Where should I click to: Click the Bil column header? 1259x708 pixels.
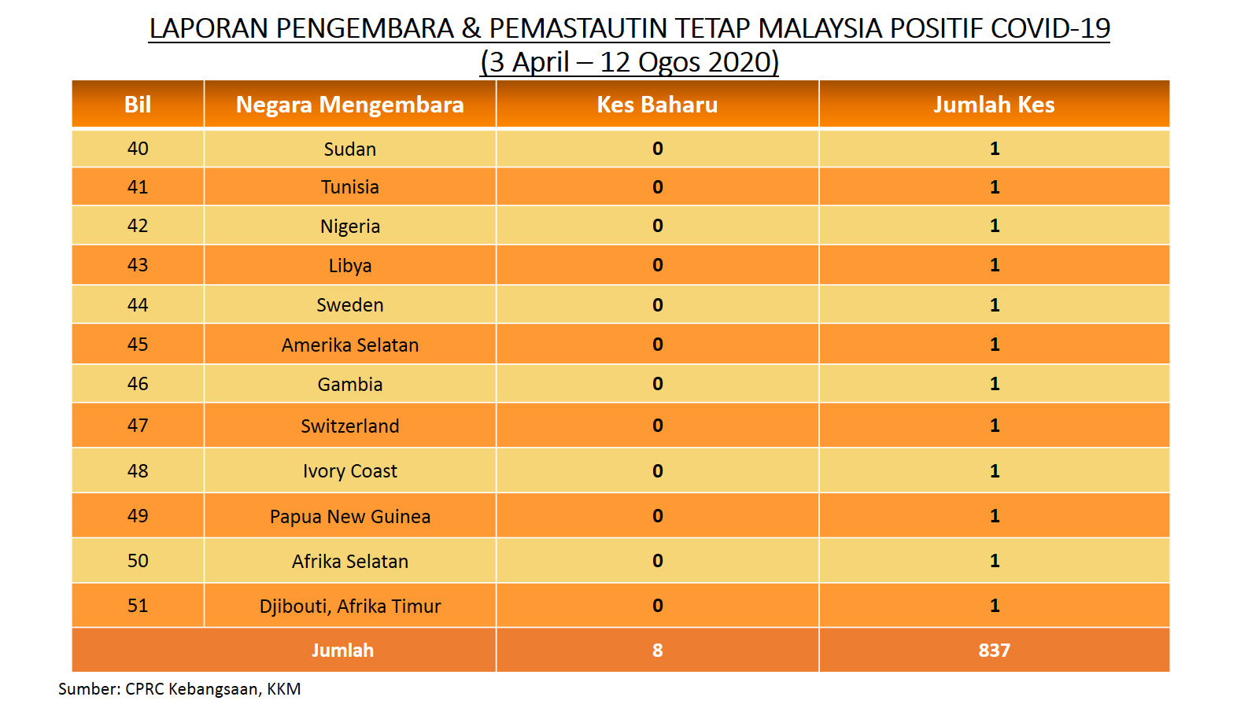tap(138, 105)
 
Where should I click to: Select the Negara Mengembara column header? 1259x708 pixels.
tap(349, 105)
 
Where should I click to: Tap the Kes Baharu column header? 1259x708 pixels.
tap(657, 105)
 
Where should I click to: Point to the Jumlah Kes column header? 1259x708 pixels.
tap(994, 105)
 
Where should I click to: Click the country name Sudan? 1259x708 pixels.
tap(349, 149)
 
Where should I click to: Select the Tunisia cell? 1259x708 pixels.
tap(349, 186)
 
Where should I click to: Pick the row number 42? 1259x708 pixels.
tap(138, 225)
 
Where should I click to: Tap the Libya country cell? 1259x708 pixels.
tap(349, 265)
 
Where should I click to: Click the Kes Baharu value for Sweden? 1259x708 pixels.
tap(658, 304)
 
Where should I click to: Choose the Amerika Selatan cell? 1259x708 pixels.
tap(349, 345)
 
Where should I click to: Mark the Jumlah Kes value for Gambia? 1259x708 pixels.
tap(995, 384)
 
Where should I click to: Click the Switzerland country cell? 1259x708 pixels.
tap(349, 426)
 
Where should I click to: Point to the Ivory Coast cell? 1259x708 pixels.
tap(349, 471)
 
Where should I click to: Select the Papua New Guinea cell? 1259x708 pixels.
tap(349, 516)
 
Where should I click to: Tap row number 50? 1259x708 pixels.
tap(138, 560)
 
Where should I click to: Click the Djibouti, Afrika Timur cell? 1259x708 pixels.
tap(349, 607)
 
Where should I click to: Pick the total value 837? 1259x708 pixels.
tap(994, 650)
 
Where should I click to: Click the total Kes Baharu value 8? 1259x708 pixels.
tap(658, 650)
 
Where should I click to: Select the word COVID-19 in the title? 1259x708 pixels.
tap(1050, 28)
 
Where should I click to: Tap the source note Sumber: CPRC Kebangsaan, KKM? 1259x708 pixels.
tap(179, 689)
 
